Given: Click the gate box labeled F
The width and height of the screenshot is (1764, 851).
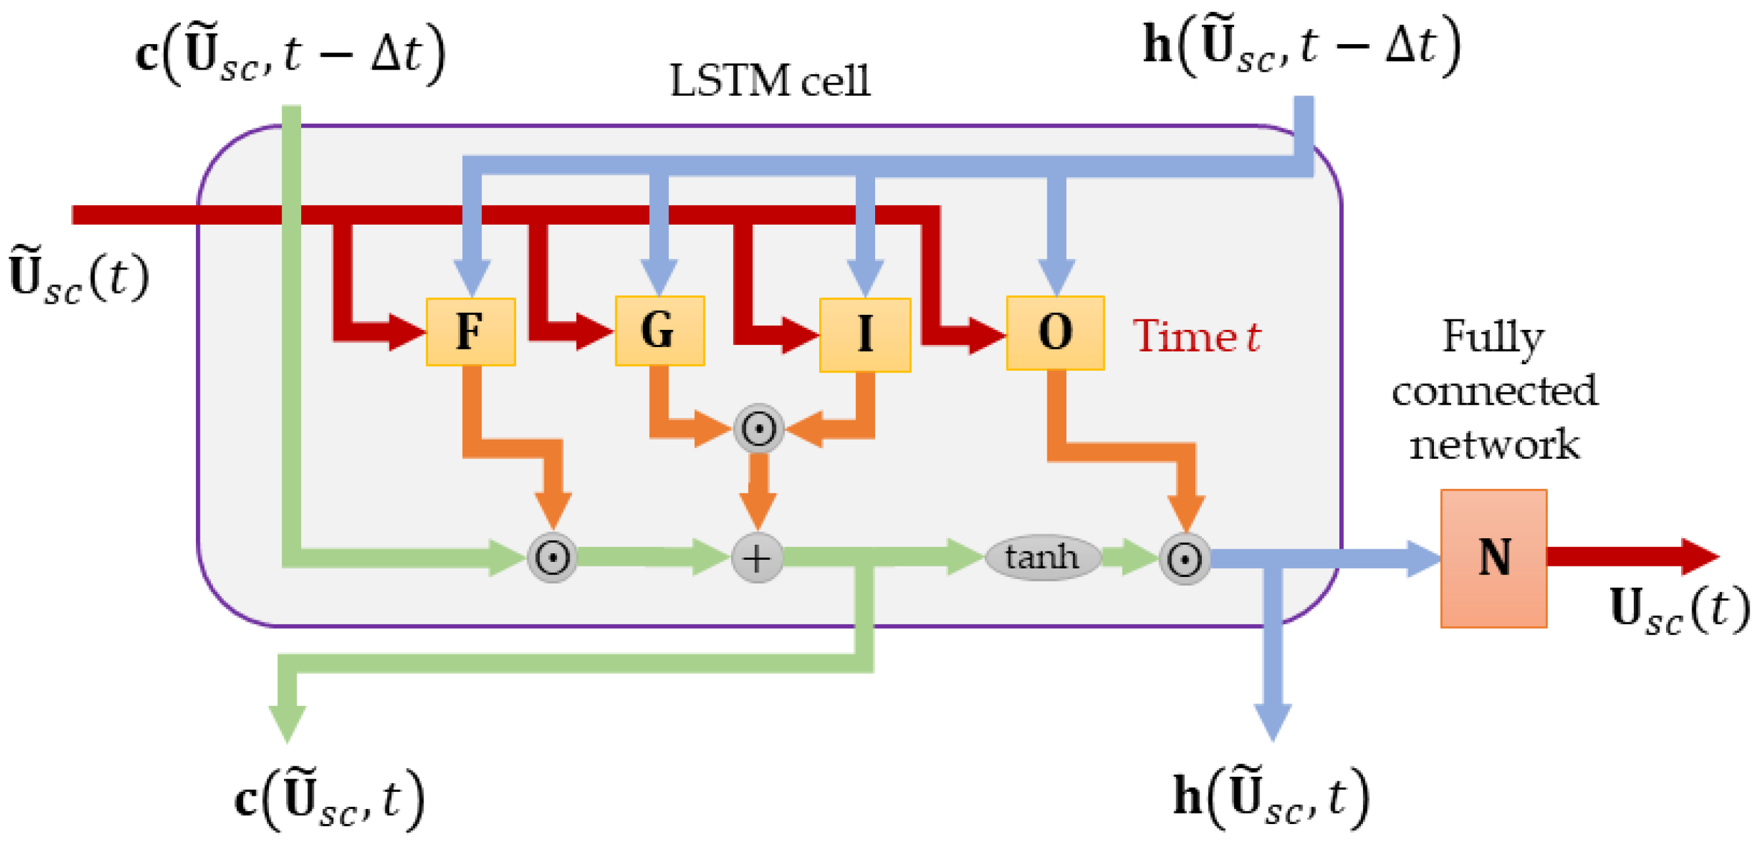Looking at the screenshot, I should [x=471, y=332].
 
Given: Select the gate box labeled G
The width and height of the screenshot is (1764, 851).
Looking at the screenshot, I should [x=659, y=331].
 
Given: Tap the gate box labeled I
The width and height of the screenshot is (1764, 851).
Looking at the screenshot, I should [x=865, y=334].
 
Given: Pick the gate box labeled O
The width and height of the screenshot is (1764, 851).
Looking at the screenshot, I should [x=1055, y=333].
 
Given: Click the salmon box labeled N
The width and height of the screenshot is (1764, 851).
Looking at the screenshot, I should [x=1494, y=558].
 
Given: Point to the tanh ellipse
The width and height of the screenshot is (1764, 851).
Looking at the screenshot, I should [x=1042, y=557].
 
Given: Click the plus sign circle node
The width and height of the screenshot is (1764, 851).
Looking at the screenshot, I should [x=757, y=558].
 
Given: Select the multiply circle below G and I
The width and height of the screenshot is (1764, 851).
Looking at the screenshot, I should [x=758, y=429].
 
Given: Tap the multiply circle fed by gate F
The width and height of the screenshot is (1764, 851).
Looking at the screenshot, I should [x=552, y=558].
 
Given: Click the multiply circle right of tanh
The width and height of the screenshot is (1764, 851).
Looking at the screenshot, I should [x=1185, y=559].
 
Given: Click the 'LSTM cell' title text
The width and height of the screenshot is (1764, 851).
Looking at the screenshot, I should [x=770, y=81].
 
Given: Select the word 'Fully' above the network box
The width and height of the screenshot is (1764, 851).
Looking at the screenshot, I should [x=1493, y=338].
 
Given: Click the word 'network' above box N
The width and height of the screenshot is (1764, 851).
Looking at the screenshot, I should [x=1494, y=445].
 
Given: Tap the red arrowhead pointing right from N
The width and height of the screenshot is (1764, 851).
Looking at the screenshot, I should [x=1699, y=557].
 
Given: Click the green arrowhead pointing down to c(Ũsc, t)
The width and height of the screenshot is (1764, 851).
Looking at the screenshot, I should [x=287, y=723].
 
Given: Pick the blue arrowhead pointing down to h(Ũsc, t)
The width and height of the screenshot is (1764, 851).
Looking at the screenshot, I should [x=1272, y=722].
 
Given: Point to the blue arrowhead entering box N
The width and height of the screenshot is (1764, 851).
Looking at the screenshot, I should [x=1423, y=559].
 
